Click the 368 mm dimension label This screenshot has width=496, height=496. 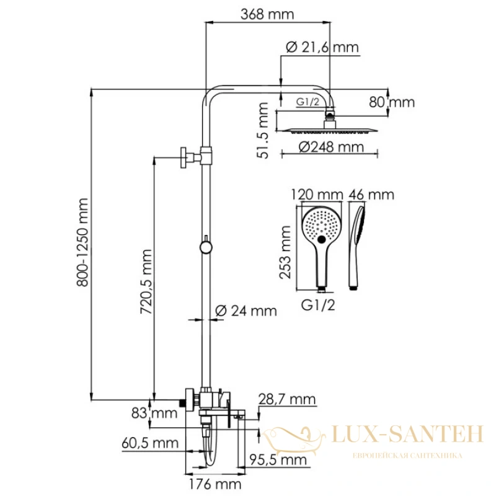[x=267, y=14]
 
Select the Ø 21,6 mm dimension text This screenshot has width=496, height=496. [x=322, y=47]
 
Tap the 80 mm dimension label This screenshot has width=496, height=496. [x=392, y=102]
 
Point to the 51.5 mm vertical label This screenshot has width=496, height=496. [x=263, y=130]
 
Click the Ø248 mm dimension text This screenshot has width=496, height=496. [x=331, y=147]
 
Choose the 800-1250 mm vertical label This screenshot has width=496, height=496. [x=82, y=242]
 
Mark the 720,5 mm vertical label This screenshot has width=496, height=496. [x=146, y=282]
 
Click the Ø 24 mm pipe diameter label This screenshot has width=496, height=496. [x=246, y=311]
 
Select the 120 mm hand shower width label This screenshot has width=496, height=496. [x=317, y=195]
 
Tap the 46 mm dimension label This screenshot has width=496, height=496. [x=371, y=195]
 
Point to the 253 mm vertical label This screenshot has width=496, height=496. [x=285, y=252]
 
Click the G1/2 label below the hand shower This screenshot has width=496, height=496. [x=318, y=305]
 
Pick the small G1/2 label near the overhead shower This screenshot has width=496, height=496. [x=308, y=102]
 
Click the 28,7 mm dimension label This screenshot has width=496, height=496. [x=287, y=399]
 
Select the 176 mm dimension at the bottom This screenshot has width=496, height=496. [x=215, y=484]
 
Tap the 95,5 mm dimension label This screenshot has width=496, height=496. [x=278, y=459]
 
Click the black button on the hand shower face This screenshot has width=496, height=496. [x=321, y=239]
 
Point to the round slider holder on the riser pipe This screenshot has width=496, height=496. [x=206, y=247]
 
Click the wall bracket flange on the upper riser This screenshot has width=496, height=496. [x=183, y=157]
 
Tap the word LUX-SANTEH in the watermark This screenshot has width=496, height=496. [x=408, y=433]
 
